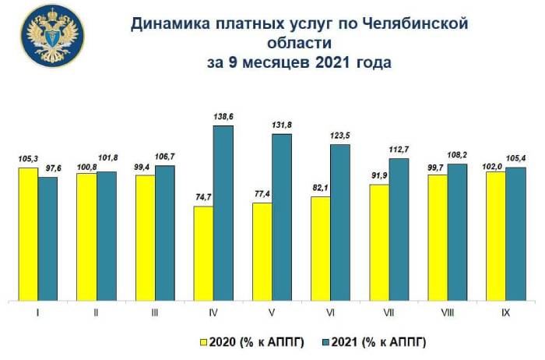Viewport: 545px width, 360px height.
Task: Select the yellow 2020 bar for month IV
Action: (x=204, y=252)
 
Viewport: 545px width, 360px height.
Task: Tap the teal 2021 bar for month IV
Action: (x=223, y=212)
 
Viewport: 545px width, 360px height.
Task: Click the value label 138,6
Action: (x=223, y=116)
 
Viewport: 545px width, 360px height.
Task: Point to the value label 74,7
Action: (x=204, y=198)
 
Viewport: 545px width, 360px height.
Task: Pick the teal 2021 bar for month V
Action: (x=282, y=216)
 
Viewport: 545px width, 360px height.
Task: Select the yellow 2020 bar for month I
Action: (x=28, y=233)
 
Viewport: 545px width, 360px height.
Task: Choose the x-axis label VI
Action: (x=331, y=312)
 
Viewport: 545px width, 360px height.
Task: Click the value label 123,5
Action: (x=341, y=136)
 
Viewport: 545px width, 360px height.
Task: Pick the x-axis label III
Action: (x=154, y=312)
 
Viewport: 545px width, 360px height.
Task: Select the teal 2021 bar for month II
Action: (x=106, y=235)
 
